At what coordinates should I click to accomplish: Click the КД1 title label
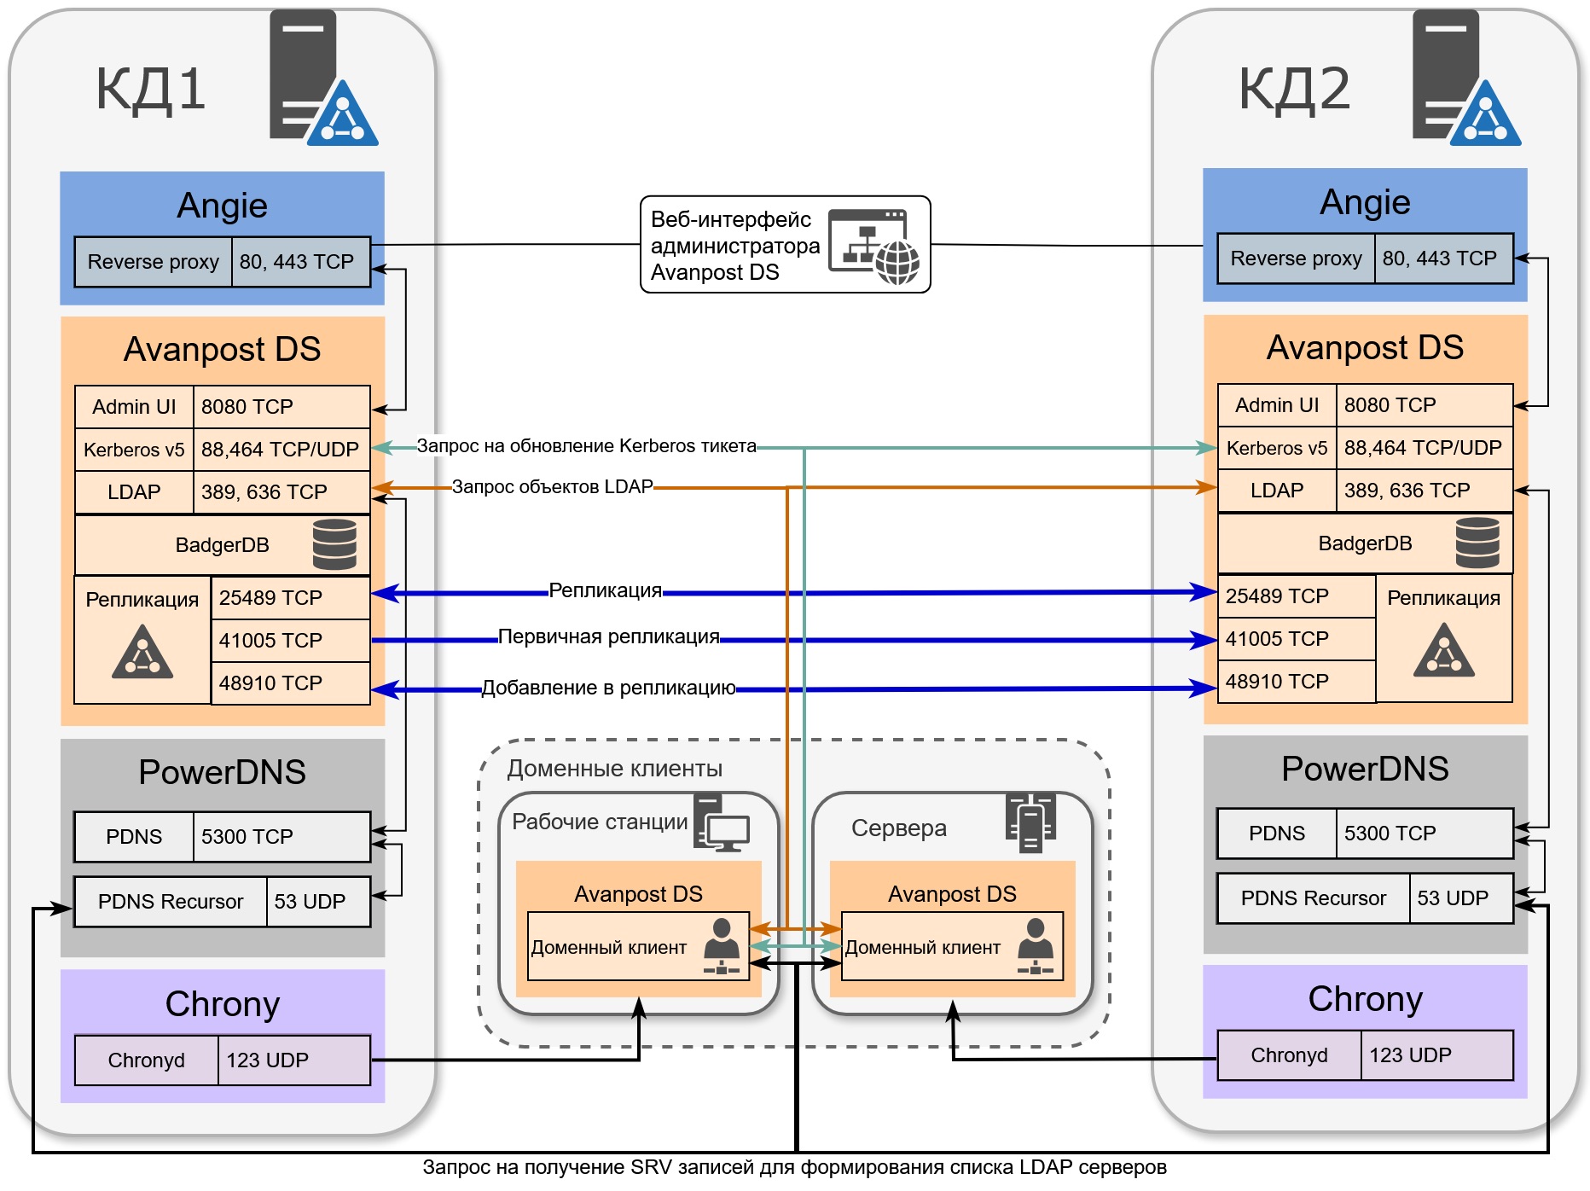tap(150, 89)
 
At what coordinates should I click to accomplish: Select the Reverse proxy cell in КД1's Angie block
tap(153, 262)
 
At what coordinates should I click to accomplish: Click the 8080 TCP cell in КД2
tap(1423, 405)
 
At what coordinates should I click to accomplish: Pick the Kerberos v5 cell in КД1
tap(134, 450)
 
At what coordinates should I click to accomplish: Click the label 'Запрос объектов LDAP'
tap(552, 487)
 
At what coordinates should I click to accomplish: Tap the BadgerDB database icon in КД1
tap(334, 544)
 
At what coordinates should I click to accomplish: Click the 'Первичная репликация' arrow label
tap(608, 637)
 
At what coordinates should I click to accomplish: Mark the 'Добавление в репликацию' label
tap(608, 688)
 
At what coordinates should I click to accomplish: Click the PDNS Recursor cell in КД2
tap(1312, 898)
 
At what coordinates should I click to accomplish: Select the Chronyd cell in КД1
tap(146, 1060)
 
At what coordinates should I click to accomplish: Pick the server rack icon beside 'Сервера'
tap(1030, 822)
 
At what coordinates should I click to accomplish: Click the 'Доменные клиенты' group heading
tap(614, 769)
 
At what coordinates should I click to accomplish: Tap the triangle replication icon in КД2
tap(1443, 651)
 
